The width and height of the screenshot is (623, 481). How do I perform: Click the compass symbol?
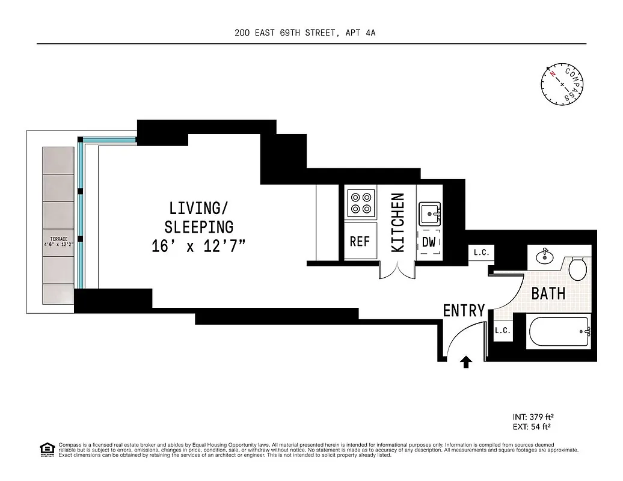[x=562, y=84]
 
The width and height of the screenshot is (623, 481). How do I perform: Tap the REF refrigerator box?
[x=360, y=241]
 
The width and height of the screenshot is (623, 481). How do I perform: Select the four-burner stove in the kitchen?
[x=360, y=203]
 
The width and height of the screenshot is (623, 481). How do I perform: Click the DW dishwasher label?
[x=429, y=242]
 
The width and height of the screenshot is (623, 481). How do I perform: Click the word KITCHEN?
[x=397, y=222]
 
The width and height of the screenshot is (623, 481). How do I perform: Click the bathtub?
[x=559, y=331]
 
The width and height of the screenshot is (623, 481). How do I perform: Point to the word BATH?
[x=548, y=293]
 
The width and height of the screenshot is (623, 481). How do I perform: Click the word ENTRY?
[x=464, y=310]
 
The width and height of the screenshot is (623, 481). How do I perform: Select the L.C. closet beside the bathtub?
[x=503, y=331]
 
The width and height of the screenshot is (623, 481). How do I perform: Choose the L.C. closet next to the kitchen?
[x=481, y=253]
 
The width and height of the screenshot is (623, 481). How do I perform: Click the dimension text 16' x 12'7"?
[x=199, y=247]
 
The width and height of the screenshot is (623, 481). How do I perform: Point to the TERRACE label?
[x=58, y=239]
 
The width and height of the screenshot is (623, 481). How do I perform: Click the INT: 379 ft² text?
[x=532, y=417]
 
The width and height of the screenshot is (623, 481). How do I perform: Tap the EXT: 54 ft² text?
[x=531, y=427]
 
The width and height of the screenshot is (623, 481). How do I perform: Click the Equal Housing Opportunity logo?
[x=46, y=449]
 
